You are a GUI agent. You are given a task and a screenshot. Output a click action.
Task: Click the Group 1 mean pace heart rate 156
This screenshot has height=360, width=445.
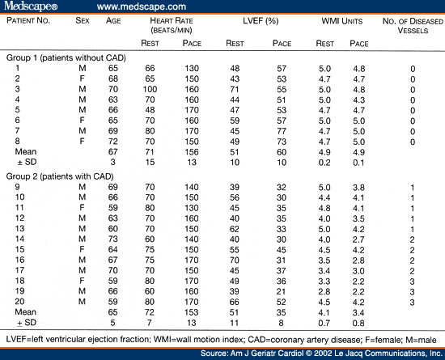coord(191,150)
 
